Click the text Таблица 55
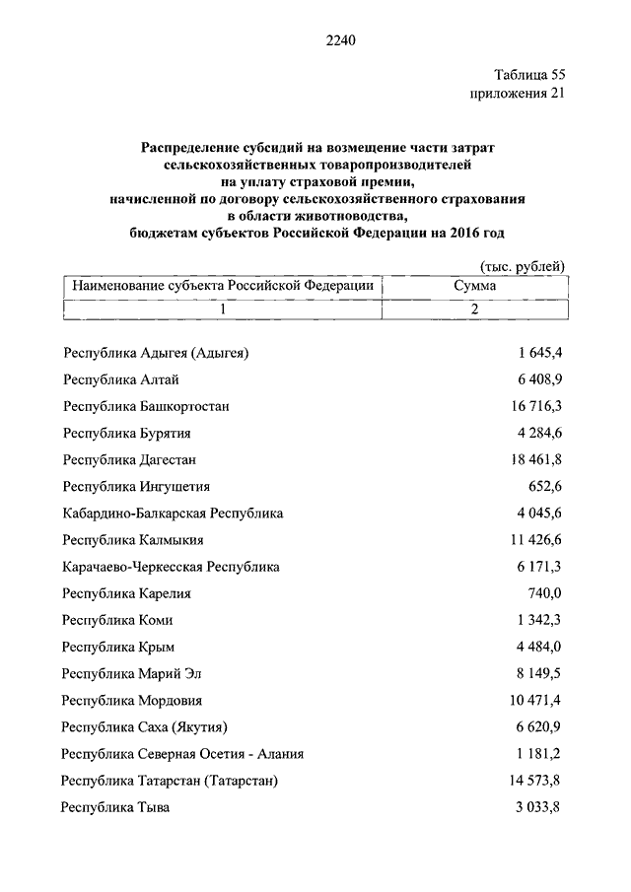pyautogui.click(x=528, y=75)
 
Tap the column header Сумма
pyautogui.click(x=474, y=285)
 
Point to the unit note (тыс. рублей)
pyautogui.click(x=523, y=266)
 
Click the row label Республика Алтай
pyautogui.click(x=120, y=379)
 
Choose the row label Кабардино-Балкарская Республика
pyautogui.click(x=173, y=514)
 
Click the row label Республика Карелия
pyautogui.click(x=126, y=593)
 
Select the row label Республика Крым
pyautogui.click(x=118, y=647)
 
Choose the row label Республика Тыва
pyautogui.click(x=115, y=808)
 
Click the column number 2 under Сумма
pyautogui.click(x=474, y=309)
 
